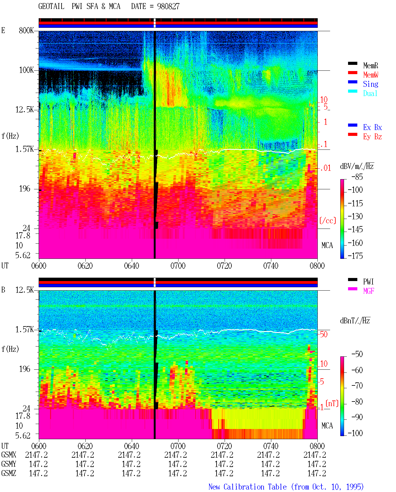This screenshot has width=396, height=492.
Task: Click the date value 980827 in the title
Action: click(168, 6)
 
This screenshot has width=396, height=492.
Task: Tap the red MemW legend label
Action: click(370, 75)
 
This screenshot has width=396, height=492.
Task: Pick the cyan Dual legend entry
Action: click(370, 93)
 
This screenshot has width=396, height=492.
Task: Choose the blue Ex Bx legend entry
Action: click(372, 127)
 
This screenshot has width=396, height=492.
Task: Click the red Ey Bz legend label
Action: click(372, 137)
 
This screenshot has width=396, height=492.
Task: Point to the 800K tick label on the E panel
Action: click(26, 30)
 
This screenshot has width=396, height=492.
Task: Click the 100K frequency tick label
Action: click(26, 70)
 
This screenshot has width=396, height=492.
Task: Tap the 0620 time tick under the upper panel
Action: click(85, 266)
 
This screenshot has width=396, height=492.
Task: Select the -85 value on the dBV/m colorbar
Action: click(357, 177)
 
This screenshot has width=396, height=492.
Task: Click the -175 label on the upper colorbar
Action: click(355, 256)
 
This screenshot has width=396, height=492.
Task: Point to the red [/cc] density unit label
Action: click(328, 221)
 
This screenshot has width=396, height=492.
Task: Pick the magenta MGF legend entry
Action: click(368, 291)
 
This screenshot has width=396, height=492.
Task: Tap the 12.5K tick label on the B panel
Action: click(24, 290)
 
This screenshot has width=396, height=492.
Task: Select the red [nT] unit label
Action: click(332, 403)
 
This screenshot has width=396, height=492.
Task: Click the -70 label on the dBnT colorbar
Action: click(357, 386)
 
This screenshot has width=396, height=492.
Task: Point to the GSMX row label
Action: click(9, 455)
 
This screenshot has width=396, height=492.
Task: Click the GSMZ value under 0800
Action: click(317, 473)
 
